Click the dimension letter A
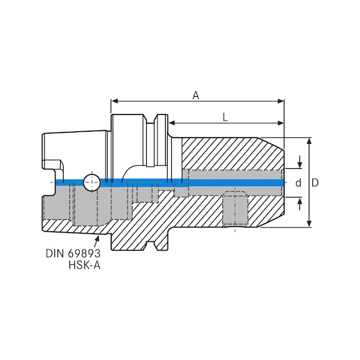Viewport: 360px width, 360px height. (196, 95)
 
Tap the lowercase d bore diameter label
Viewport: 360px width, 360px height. (298, 182)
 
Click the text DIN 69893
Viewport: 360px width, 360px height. (72, 254)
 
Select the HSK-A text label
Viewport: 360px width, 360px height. (85, 266)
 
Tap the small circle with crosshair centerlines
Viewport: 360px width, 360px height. (91, 182)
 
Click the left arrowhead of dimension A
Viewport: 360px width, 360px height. (113, 100)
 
